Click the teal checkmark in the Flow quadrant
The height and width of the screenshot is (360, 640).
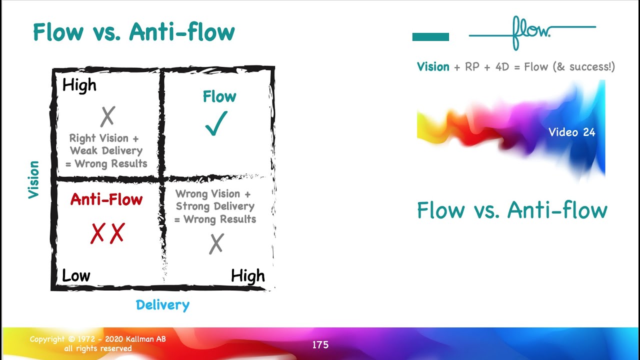(x=216, y=123)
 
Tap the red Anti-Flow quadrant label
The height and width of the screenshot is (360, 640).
(x=106, y=199)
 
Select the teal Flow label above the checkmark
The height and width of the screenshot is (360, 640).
(x=219, y=96)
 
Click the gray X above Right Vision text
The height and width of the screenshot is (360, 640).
(x=107, y=116)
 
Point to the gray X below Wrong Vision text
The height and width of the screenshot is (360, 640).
(x=216, y=244)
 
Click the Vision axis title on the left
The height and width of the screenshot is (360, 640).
(x=33, y=179)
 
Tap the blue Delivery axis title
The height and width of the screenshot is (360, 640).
(x=162, y=305)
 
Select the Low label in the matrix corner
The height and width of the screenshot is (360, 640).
(x=76, y=275)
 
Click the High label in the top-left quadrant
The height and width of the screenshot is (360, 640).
(x=79, y=85)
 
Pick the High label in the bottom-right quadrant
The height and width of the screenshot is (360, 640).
(x=247, y=276)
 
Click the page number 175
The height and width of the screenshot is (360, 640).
(x=320, y=344)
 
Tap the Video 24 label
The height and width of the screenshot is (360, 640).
(x=572, y=132)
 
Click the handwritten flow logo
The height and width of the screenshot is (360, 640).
(x=530, y=32)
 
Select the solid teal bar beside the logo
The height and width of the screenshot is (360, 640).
(x=430, y=37)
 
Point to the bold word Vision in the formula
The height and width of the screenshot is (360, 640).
(x=433, y=66)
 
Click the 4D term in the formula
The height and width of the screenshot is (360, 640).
(x=501, y=67)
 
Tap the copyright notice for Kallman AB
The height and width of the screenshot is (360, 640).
(x=97, y=343)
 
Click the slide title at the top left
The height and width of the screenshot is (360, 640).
(x=134, y=33)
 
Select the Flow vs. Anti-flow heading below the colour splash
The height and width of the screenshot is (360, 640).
(x=512, y=210)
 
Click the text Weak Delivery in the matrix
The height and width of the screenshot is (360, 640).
(x=106, y=151)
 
